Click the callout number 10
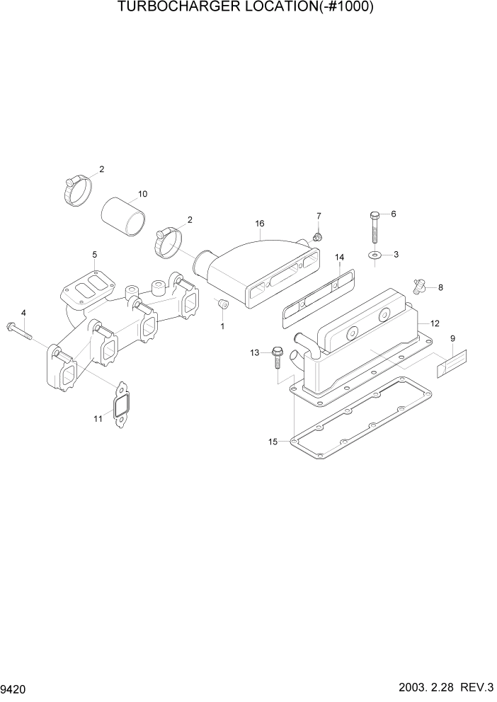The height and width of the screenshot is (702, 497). [142, 194]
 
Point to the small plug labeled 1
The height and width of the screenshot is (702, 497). [222, 304]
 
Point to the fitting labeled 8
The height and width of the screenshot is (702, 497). [420, 287]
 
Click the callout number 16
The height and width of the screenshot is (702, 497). [260, 224]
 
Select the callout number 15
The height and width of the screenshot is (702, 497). [273, 442]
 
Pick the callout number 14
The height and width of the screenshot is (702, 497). [339, 257]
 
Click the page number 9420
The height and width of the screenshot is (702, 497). [13, 688]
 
